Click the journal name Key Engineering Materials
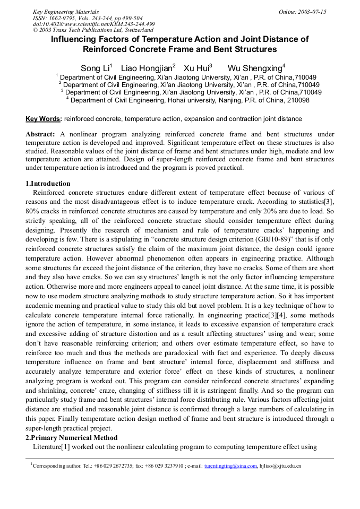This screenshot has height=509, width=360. pyautogui.click(x=66, y=12)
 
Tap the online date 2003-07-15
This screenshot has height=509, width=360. pyautogui.click(x=310, y=12)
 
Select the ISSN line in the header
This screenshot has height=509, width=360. pyautogui.click(x=88, y=18)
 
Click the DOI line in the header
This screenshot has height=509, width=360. pyautogui.click(x=94, y=24)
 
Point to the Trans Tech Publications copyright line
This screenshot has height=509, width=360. pyautogui.click(x=93, y=30)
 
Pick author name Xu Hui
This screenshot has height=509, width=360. pyautogui.click(x=196, y=68)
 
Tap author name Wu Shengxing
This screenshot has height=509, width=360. pyautogui.click(x=255, y=68)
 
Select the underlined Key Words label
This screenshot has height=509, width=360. pyautogui.click(x=44, y=119)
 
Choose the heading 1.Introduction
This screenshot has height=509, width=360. pyautogui.click(x=48, y=184)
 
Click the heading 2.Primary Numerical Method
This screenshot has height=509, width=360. pyautogui.click(x=72, y=438)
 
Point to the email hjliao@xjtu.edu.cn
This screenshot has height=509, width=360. pyautogui.click(x=280, y=466)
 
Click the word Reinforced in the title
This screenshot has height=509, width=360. pyautogui.click(x=105, y=49)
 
